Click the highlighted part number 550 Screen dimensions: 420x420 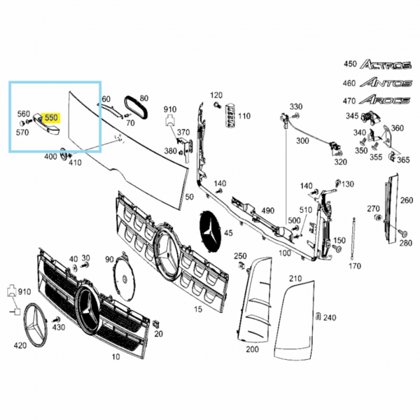(x=51, y=118)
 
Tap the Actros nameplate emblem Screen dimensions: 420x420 (x=386, y=64)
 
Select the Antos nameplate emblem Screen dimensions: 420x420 (x=386, y=82)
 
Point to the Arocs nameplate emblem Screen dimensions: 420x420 (x=384, y=99)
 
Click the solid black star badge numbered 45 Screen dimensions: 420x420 (x=211, y=231)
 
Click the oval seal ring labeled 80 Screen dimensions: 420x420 (x=136, y=108)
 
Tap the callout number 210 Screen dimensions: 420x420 (x=295, y=279)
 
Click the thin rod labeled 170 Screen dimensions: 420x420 (x=353, y=239)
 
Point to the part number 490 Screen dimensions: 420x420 (x=267, y=211)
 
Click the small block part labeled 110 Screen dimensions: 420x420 (x=230, y=115)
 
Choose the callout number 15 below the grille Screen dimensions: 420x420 (x=198, y=309)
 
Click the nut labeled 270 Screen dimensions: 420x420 (x=378, y=218)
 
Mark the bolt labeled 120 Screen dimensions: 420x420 (x=218, y=105)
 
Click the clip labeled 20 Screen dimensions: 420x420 (x=155, y=324)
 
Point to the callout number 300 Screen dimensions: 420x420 (x=302, y=141)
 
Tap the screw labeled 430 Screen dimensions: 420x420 (x=57, y=320)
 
